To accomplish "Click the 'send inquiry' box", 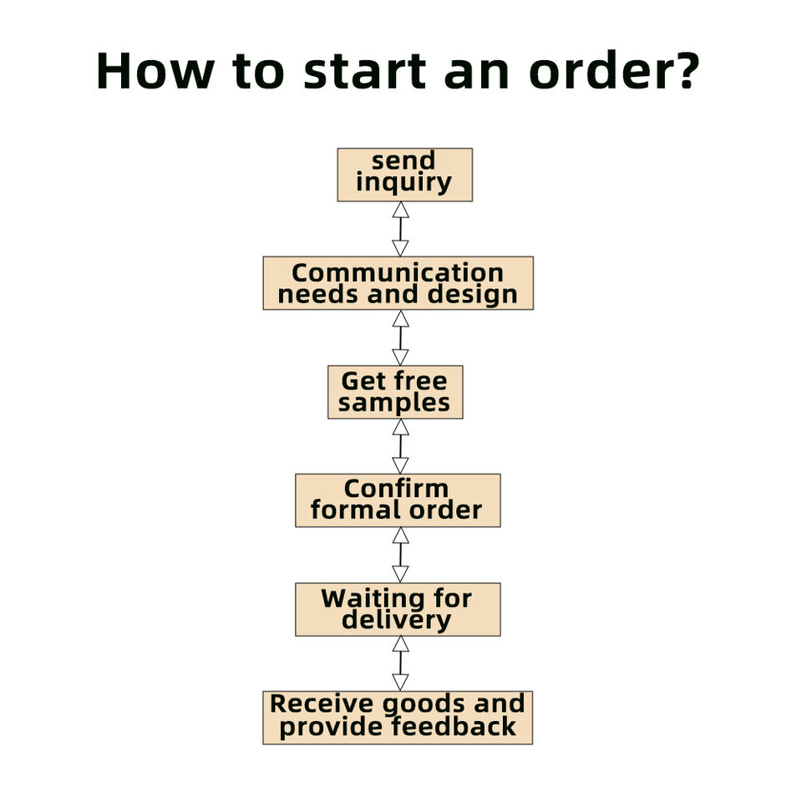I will click(x=404, y=175).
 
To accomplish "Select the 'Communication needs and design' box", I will click(x=398, y=283).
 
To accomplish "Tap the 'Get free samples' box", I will click(x=394, y=392).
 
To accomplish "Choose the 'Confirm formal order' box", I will click(x=398, y=500).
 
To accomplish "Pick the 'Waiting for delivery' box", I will click(x=398, y=609).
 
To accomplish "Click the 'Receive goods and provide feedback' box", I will click(x=398, y=717).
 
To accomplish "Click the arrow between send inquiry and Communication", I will click(x=400, y=229).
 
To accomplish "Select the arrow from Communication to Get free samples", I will click(x=400, y=338).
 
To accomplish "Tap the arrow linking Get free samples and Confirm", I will click(x=400, y=446).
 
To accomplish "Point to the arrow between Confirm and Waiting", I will click(x=400, y=555).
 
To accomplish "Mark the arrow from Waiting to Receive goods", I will click(x=400, y=663).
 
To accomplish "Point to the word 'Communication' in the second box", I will click(x=398, y=273).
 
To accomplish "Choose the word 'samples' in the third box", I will click(x=394, y=404).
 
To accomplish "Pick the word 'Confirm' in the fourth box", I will click(x=396, y=489).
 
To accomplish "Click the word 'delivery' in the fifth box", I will click(x=396, y=621).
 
